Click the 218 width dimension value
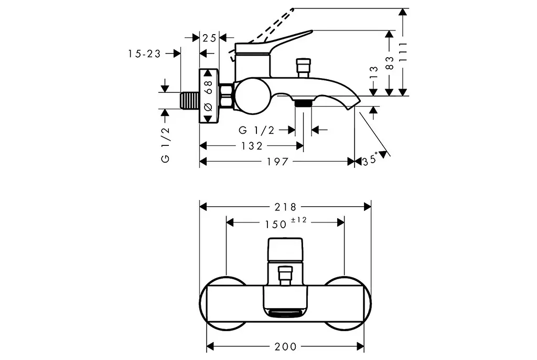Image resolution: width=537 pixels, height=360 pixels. pos(285,207)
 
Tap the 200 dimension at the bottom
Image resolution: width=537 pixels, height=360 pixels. pos(285,347)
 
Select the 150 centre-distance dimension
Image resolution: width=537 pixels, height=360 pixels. pos(276,225)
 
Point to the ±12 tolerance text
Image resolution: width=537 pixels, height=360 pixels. pos(298,220)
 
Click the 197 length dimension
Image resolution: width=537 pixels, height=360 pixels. pos(278,162)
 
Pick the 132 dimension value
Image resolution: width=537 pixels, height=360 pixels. pos(252,146)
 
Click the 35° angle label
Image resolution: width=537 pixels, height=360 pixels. pos(370,160)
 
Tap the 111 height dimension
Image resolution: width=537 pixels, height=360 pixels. pos(403,52)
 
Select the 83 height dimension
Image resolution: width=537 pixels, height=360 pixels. pos(390,63)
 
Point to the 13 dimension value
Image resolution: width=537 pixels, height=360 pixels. pos(374,73)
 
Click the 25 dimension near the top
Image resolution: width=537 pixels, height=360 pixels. pos(209,38)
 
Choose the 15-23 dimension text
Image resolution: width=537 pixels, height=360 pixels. pos(145,54)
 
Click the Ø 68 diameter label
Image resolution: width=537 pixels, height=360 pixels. pos(208,96)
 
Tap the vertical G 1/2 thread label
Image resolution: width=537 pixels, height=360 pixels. pos(165,144)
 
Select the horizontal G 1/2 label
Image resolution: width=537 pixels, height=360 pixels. pos(256,130)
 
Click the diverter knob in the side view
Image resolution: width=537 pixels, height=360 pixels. pos(303,68)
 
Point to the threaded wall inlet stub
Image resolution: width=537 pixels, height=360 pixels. pos(190,101)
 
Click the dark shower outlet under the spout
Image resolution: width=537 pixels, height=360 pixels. pos(303,103)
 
